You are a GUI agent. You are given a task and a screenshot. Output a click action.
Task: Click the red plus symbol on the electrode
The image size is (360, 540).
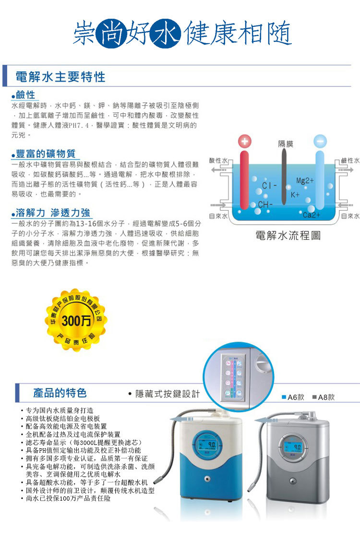pos(245,142)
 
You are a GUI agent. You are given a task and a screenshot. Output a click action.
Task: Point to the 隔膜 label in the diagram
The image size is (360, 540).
pos(286,144)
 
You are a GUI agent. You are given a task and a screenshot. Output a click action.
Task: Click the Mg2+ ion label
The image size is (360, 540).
pos(304,180)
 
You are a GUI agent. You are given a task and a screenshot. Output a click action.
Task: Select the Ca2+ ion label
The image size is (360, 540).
pos(312,215)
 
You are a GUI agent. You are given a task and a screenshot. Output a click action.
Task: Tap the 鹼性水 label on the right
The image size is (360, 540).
pos(350,160)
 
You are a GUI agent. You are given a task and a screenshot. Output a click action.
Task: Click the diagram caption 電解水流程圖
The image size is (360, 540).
pos(288,235)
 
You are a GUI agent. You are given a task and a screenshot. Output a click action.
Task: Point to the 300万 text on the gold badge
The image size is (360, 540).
pos(77,321)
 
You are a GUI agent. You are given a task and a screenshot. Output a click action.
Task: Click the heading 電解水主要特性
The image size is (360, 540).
pos(60,77)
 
